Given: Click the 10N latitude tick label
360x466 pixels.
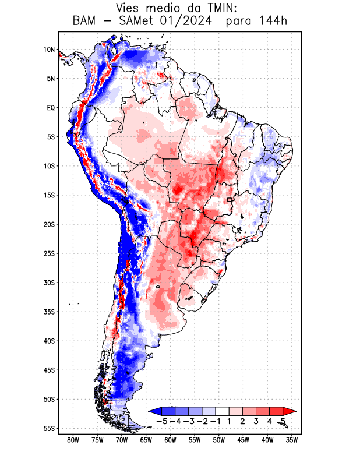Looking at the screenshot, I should click(49, 50).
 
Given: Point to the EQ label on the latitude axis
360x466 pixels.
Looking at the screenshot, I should click(51, 108).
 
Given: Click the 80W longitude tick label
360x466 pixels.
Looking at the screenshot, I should click(73, 440).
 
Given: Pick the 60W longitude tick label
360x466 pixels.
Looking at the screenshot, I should click(171, 440).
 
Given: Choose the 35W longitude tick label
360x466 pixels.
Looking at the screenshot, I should click(292, 440).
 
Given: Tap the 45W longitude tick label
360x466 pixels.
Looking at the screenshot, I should click(243, 440).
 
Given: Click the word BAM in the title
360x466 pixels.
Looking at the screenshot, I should click(86, 22).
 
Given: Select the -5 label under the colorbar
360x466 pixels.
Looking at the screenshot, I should click(163, 421).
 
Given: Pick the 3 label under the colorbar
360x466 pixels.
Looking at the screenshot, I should click(256, 421).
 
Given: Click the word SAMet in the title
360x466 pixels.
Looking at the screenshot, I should click(136, 22).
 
